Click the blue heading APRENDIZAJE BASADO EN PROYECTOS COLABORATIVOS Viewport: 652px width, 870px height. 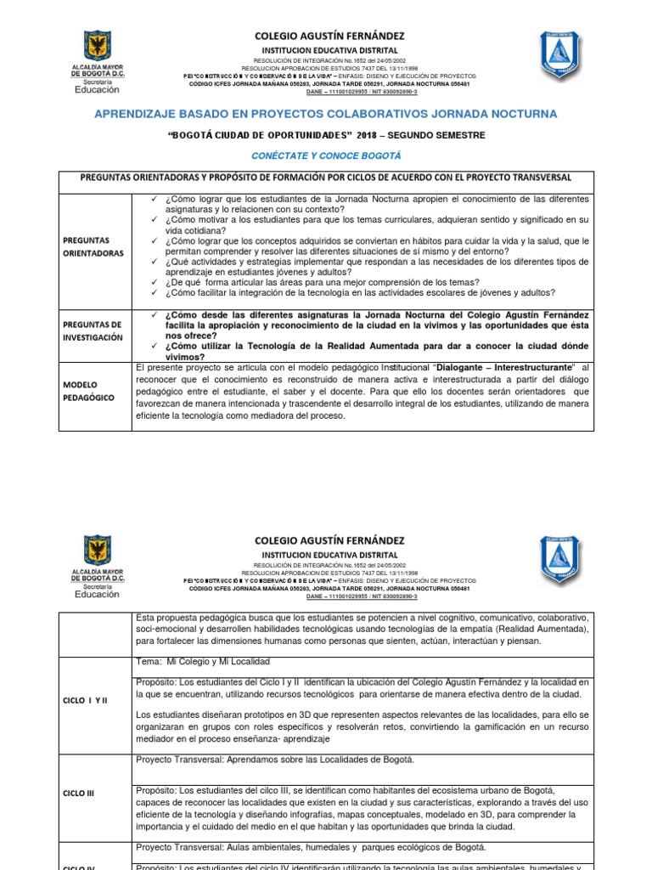tap(326, 113)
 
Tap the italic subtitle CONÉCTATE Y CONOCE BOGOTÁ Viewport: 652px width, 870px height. tap(326, 155)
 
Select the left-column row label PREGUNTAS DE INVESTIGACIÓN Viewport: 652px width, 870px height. tap(92, 331)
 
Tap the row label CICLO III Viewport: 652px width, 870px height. tap(78, 794)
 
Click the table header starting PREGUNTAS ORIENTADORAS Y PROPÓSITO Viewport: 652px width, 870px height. tap(326, 178)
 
